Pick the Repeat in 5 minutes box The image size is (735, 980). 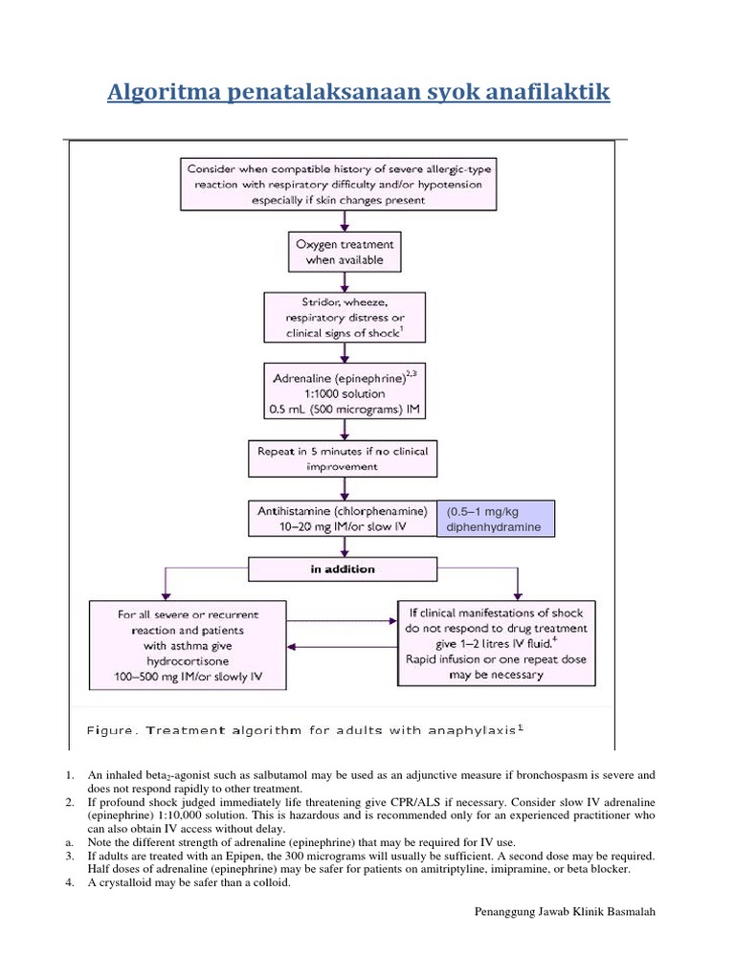pyautogui.click(x=343, y=458)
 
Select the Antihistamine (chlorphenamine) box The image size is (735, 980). pyautogui.click(x=342, y=520)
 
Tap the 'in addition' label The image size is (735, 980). pyautogui.click(x=343, y=569)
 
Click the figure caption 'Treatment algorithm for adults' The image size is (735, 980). pyautogui.click(x=304, y=729)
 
